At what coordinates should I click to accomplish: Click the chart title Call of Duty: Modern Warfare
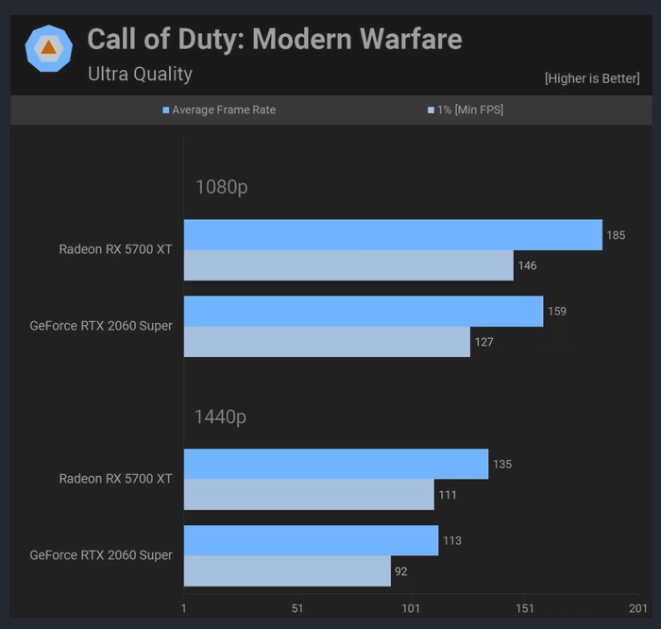tap(275, 40)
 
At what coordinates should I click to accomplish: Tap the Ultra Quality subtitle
tap(140, 74)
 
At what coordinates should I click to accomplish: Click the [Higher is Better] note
tap(592, 78)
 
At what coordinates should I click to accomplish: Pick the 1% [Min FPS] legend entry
tap(466, 110)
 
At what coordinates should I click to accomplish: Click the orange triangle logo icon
tap(48, 48)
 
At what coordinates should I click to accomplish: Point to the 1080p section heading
tap(221, 187)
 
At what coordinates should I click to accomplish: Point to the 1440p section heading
tap(221, 416)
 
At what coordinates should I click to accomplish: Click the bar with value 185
tap(393, 235)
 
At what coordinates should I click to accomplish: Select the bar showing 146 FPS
tap(348, 265)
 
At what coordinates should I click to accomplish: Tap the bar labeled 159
tap(364, 312)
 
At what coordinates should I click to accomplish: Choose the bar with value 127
tap(327, 342)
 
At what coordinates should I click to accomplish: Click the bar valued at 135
tap(336, 465)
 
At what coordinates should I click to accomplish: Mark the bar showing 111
tap(309, 495)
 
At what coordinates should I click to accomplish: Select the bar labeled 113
tap(311, 541)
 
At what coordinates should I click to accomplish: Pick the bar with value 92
tap(287, 571)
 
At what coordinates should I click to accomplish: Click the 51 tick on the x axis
tap(297, 608)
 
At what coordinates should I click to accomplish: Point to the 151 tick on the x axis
tap(525, 608)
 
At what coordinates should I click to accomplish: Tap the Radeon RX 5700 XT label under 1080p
tap(115, 249)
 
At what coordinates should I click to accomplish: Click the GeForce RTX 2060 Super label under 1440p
tap(101, 555)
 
